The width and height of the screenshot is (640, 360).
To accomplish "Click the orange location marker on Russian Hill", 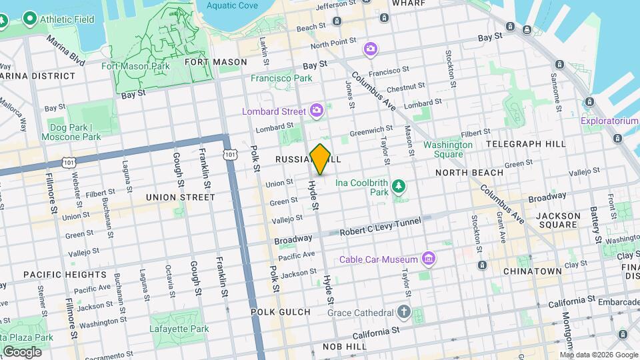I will click(x=321, y=159).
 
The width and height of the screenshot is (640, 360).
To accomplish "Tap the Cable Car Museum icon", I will click(x=429, y=259).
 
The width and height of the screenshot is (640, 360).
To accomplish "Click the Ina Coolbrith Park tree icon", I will click(x=399, y=186).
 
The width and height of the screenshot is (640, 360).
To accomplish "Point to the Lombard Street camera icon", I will click(x=317, y=109).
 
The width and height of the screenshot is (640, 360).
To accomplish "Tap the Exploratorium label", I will click(x=609, y=121).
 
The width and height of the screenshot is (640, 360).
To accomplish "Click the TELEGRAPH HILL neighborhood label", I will click(x=525, y=143).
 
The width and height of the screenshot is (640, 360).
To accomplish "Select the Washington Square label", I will click(x=447, y=149).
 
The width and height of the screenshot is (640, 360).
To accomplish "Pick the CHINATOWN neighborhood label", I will click(x=532, y=271).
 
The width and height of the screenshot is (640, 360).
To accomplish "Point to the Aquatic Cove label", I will click(x=232, y=5).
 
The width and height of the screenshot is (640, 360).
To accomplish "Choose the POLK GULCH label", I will click(x=281, y=311).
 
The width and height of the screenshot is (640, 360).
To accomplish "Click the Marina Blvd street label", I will click(x=65, y=50).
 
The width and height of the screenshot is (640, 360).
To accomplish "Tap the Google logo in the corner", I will click(x=21, y=351).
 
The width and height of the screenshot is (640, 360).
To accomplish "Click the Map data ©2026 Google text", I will click(x=594, y=353).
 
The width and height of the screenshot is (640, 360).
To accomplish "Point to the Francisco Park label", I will click(x=281, y=78).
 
